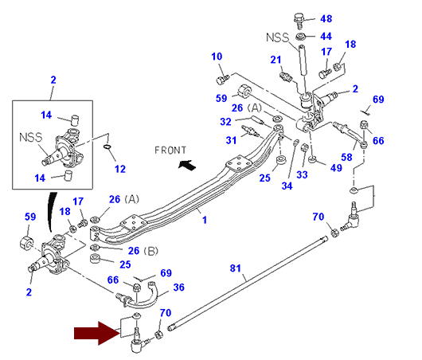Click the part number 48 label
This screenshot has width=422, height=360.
326,18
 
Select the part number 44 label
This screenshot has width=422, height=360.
326,36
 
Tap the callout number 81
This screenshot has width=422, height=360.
235,268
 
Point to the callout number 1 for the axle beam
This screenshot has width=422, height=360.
205,220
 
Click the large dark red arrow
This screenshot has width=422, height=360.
97,333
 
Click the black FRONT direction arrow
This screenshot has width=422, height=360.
187,165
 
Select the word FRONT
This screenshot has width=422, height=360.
170,151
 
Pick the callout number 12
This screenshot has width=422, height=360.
120,169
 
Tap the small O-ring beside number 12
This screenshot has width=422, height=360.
107,147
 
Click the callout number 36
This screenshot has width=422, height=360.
178,288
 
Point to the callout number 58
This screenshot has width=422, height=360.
346,157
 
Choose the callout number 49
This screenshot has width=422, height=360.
336,168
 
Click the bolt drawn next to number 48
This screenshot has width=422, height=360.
299,21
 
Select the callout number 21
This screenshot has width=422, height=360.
275,60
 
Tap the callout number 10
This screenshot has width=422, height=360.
217,57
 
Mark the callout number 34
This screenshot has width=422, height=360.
287,186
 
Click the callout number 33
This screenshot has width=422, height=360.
302,174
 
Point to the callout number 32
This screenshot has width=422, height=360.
225,122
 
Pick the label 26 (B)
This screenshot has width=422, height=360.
143,251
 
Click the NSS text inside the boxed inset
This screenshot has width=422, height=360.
31,137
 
